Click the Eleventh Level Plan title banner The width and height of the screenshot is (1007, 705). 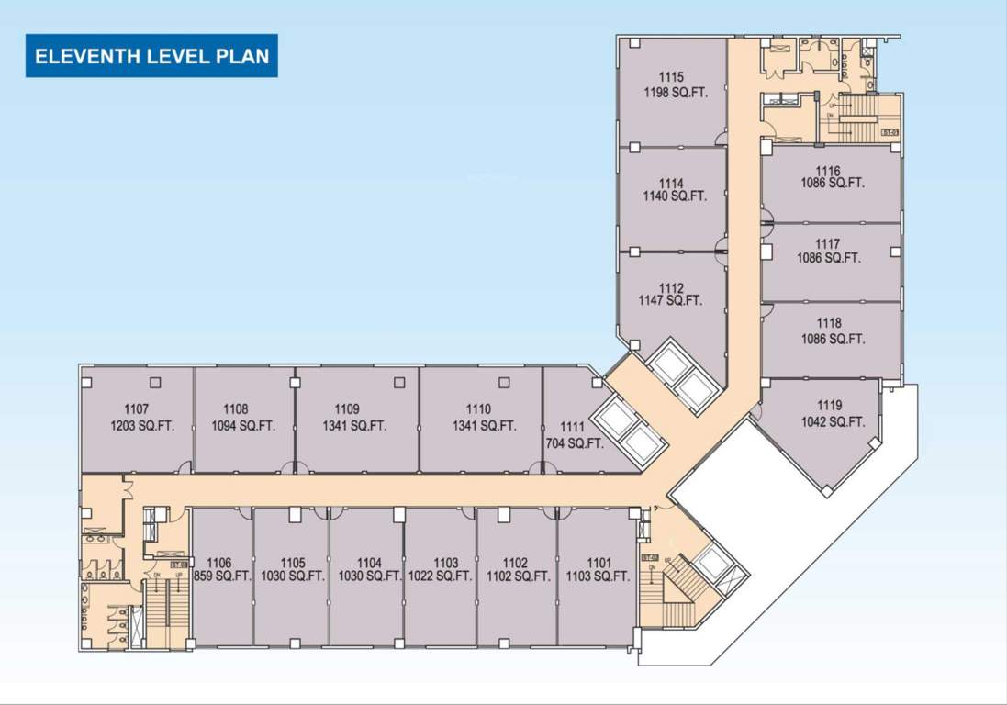(151, 56)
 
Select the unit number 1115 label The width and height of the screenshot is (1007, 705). (671, 77)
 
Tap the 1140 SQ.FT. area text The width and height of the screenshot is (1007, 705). (675, 196)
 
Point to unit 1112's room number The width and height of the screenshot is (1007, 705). (671, 288)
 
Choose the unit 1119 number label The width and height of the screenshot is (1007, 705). (830, 406)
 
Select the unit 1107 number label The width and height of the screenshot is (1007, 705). (137, 409)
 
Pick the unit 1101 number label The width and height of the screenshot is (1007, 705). (599, 563)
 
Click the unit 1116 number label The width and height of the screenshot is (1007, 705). (828, 171)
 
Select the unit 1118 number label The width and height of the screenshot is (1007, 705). (829, 323)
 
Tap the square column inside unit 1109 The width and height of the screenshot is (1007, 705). (399, 382)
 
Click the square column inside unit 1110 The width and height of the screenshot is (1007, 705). (504, 382)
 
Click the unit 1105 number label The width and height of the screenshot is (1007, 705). (293, 563)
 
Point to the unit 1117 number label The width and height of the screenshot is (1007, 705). (828, 243)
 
